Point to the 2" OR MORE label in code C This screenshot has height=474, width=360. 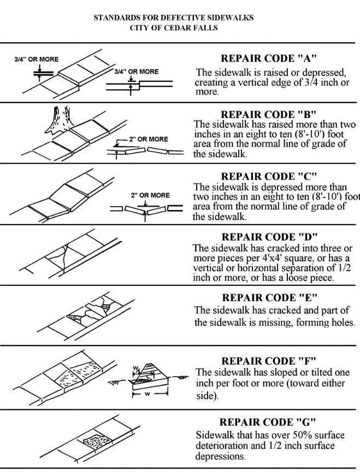[x=150, y=195]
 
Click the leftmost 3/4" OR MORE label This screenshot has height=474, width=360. [x=36, y=59]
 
